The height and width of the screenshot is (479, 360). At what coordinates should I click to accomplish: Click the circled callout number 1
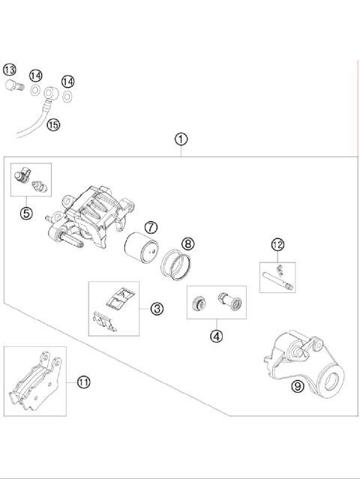[181, 139]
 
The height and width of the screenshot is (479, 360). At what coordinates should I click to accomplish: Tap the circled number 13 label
[10, 70]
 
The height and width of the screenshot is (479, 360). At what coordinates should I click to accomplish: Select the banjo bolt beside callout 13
[14, 85]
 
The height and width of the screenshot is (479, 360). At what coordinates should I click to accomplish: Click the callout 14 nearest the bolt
[36, 76]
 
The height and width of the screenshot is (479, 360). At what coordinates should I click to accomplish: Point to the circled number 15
[53, 124]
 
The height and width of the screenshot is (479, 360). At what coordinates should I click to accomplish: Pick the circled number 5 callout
[26, 213]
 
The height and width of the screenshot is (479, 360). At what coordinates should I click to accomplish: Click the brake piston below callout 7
[142, 247]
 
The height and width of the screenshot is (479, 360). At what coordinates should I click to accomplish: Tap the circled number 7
[151, 228]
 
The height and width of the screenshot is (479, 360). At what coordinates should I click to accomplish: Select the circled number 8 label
[188, 244]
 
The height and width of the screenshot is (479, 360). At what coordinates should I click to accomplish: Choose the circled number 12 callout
[277, 244]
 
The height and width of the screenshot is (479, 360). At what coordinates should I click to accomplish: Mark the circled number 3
[157, 309]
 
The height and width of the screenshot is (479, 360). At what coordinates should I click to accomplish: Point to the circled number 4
[216, 337]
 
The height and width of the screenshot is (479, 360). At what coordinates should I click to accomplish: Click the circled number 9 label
[298, 387]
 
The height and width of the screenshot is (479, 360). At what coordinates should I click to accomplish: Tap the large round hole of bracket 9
[331, 382]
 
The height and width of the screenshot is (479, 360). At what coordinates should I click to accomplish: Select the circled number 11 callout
[83, 382]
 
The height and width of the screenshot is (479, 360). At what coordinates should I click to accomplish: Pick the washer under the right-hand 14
[67, 97]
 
